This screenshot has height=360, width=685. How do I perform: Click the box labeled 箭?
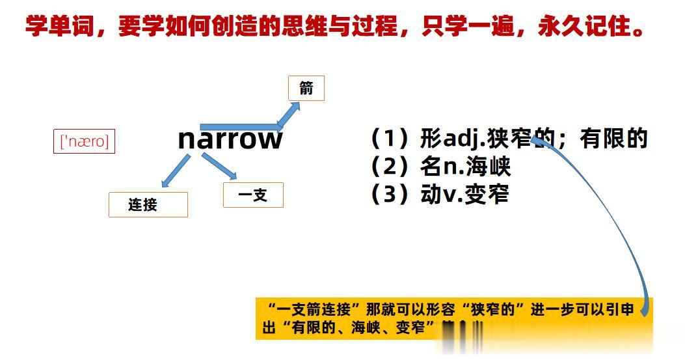coord(306,89)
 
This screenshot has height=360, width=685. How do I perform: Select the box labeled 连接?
coord(148,204)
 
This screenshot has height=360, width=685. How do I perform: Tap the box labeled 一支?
coord(253,195)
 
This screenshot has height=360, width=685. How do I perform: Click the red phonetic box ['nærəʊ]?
coord(84,141)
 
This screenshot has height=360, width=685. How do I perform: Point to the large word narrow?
coord(230,139)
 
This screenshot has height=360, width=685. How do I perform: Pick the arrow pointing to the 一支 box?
coord(219,166)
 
